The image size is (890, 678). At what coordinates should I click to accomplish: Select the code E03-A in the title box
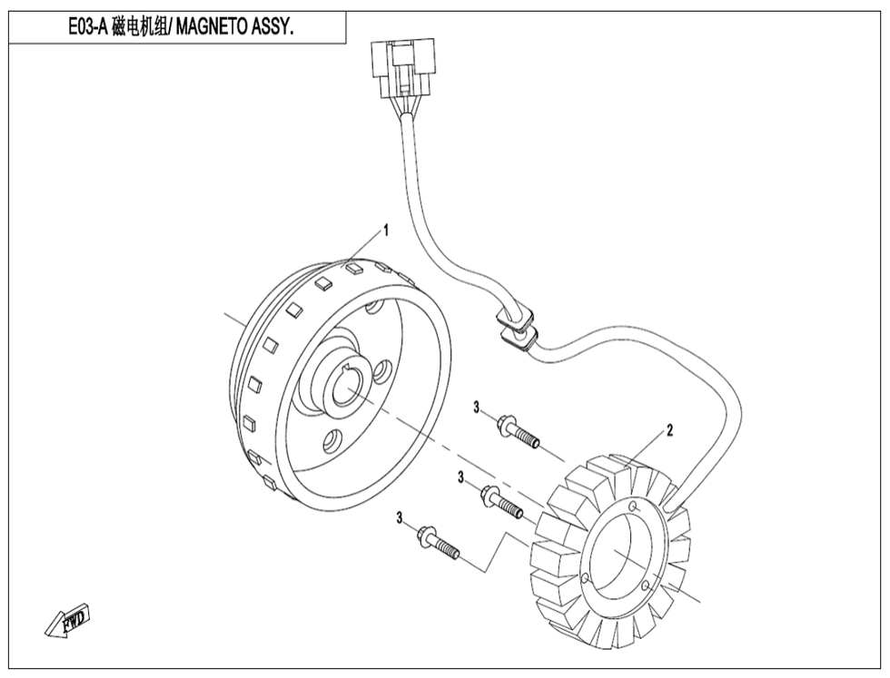point(90,27)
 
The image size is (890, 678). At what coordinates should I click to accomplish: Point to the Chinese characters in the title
point(141,27)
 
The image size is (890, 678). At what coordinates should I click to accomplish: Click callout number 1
point(385,231)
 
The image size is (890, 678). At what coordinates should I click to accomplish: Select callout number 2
point(669,429)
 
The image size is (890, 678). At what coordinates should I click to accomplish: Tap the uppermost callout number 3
point(476,408)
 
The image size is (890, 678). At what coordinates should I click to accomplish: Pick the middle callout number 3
point(461,477)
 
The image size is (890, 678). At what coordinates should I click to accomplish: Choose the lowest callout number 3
point(399,517)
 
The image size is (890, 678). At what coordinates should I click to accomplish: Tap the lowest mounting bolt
point(439,544)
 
